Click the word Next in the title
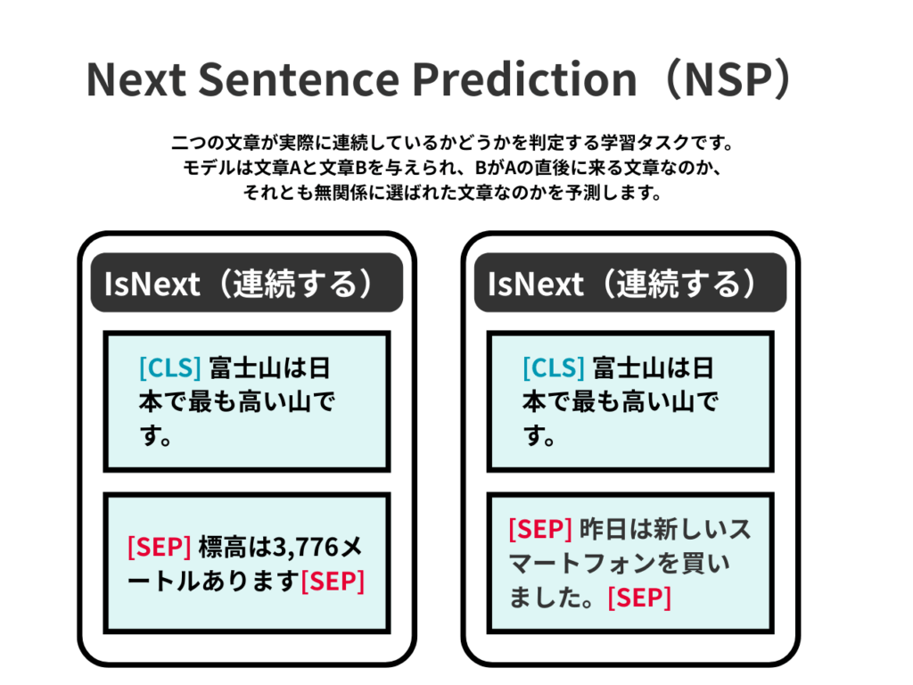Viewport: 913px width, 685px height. [x=136, y=79]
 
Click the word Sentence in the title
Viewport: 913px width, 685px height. [x=299, y=79]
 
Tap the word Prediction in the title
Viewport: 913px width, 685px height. [x=524, y=78]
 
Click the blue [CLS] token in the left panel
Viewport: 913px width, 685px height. [x=170, y=367]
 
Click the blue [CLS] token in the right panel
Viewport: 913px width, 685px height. [x=554, y=367]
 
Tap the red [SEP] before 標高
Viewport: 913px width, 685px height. [x=159, y=547]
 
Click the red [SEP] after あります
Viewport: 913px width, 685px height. [x=333, y=581]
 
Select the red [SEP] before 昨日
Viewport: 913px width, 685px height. [x=540, y=529]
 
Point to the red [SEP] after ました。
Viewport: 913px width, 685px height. [x=639, y=598]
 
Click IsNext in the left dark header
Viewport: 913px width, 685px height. [x=152, y=285]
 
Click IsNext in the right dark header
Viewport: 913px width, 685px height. [x=536, y=285]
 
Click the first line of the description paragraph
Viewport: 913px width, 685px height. [x=452, y=143]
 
